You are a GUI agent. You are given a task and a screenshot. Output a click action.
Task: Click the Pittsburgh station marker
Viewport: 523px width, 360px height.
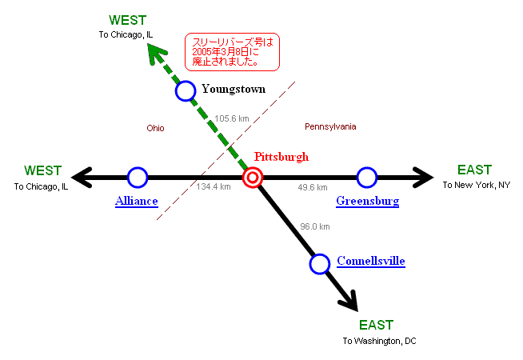point(253,178)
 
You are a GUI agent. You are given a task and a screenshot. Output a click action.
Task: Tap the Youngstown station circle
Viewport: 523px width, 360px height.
point(186,90)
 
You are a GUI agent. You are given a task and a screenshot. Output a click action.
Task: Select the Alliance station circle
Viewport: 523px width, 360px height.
point(138,177)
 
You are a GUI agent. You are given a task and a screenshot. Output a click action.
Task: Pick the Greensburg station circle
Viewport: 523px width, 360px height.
point(366,177)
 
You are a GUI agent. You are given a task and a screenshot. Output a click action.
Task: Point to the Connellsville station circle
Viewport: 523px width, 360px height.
point(320,263)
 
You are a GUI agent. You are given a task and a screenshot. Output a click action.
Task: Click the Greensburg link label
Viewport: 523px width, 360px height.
point(367,201)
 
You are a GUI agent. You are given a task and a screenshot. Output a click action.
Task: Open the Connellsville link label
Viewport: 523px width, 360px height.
point(370,261)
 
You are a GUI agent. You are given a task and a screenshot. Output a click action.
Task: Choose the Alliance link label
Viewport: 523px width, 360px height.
point(136,201)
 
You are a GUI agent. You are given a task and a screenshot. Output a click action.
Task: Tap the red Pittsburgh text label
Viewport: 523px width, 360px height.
point(281,157)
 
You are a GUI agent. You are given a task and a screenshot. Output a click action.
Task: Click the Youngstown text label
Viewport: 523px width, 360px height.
point(233,89)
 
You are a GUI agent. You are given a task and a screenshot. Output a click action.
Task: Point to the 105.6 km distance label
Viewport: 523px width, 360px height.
point(232,118)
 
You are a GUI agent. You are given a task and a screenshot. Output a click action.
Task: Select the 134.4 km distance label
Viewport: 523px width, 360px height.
point(214,187)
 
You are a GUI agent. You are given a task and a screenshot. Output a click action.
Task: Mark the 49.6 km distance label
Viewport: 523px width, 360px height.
point(312,187)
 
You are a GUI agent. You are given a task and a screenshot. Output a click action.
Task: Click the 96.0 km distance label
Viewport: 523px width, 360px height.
point(314,226)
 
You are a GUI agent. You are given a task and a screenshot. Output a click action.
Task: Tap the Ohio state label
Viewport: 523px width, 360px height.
point(155,128)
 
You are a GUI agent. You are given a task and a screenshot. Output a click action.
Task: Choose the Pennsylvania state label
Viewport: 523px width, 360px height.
point(330,126)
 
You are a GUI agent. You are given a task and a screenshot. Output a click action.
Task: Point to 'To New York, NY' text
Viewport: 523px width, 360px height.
point(476,186)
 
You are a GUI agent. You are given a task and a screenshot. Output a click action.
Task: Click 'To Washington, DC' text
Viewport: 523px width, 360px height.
point(380,341)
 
